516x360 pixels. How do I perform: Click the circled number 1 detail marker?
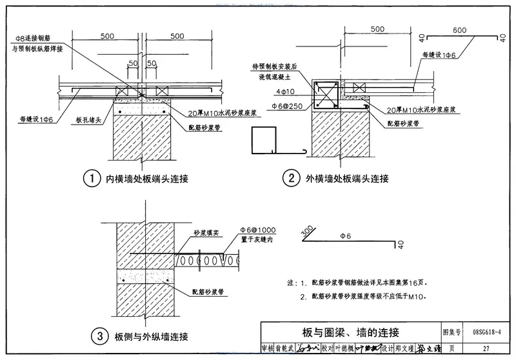click(x=94, y=179)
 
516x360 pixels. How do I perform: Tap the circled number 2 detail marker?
click(x=293, y=179)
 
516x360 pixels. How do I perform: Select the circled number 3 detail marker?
click(x=99, y=336)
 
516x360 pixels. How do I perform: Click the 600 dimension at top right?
click(x=459, y=30)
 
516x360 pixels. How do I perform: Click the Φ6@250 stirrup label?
click(x=285, y=105)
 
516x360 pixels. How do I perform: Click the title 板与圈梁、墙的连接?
click(x=351, y=333)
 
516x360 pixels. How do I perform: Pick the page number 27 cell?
click(x=486, y=348)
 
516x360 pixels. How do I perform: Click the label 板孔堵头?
click(x=88, y=121)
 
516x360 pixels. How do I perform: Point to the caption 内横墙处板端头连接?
click(x=147, y=179)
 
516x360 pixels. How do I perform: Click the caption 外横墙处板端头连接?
click(x=347, y=179)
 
